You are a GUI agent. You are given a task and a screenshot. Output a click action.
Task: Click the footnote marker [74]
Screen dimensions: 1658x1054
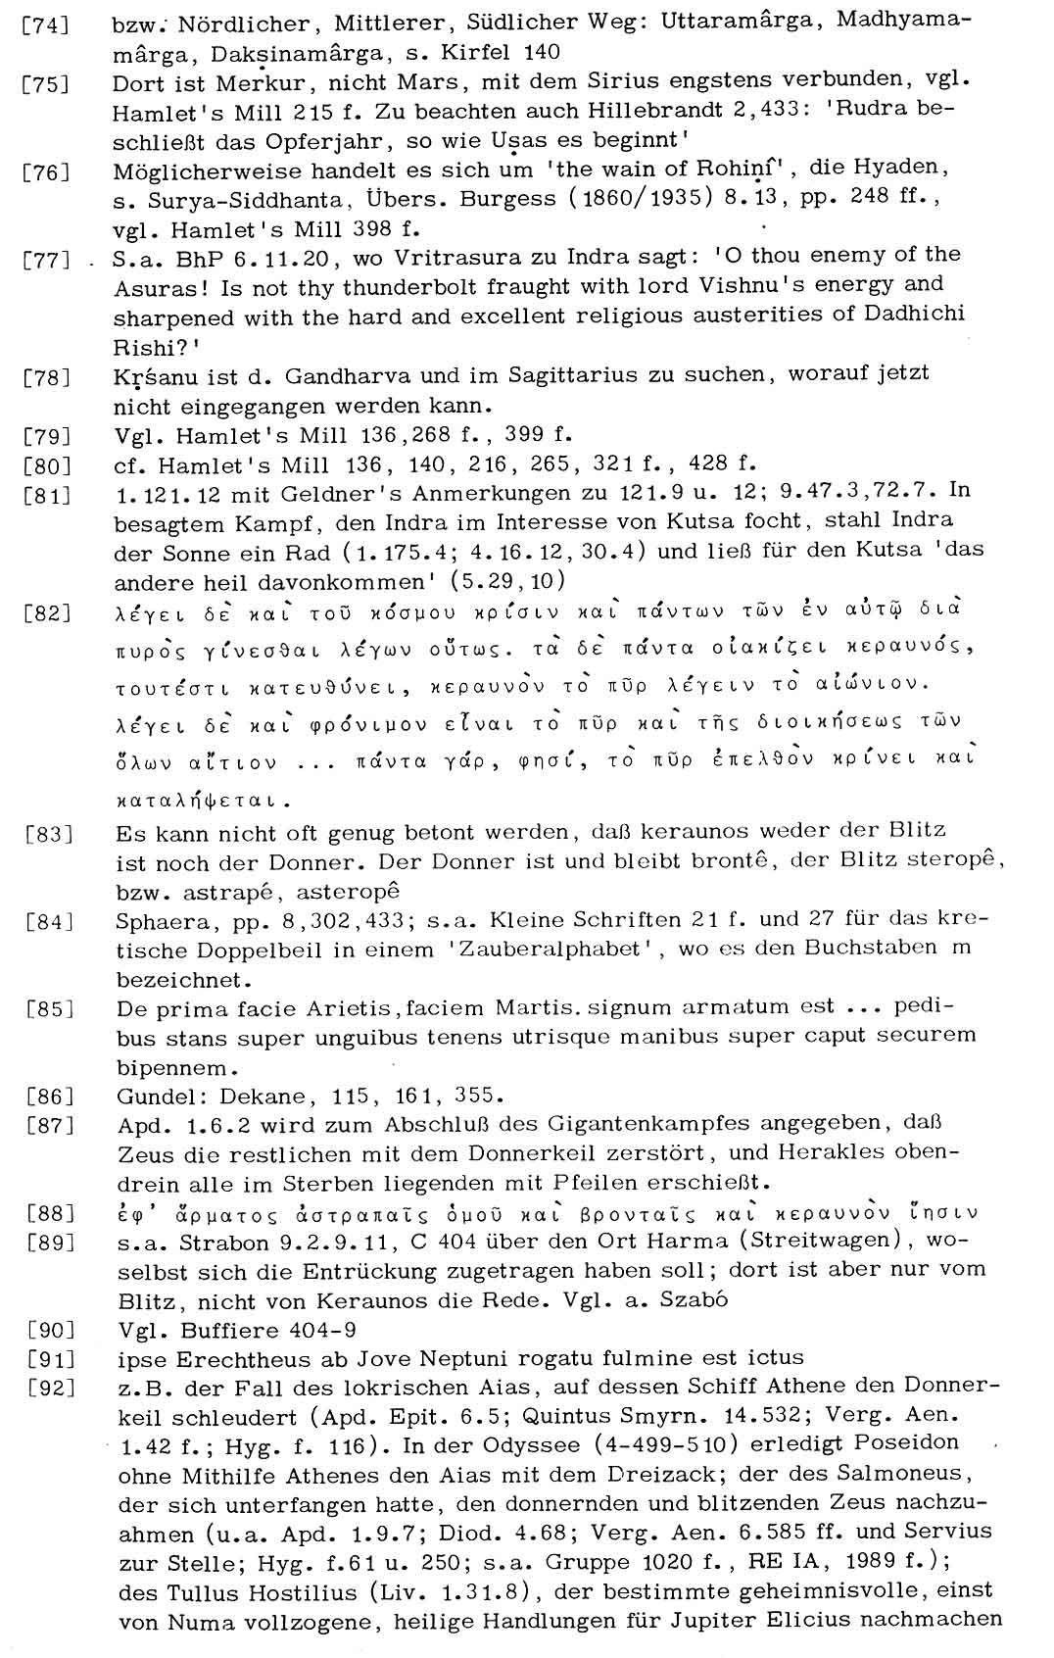(x=45, y=24)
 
